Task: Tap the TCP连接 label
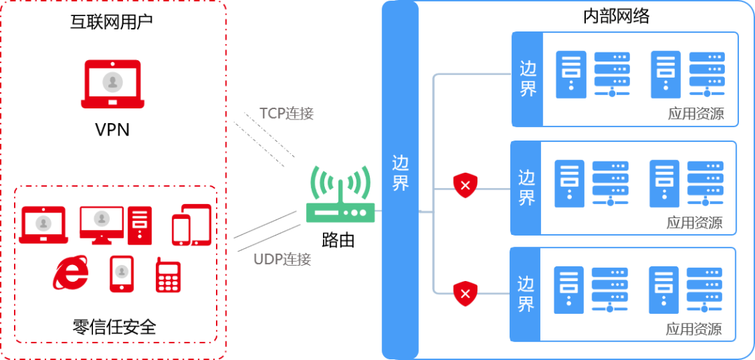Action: (x=287, y=114)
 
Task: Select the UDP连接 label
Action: (x=282, y=259)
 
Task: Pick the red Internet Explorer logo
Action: (x=71, y=273)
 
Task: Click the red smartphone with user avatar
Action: (x=122, y=273)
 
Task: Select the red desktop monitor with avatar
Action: (x=101, y=223)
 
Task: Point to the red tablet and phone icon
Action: (x=192, y=225)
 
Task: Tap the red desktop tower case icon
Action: (x=140, y=224)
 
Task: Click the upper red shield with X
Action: (x=466, y=185)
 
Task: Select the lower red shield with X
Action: (x=466, y=294)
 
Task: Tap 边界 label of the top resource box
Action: (x=528, y=79)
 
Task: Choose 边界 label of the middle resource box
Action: (x=526, y=188)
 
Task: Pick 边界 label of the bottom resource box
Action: (x=526, y=294)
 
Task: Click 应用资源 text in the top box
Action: (x=696, y=115)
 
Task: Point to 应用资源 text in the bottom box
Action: (x=693, y=329)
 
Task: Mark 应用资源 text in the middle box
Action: (x=693, y=224)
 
